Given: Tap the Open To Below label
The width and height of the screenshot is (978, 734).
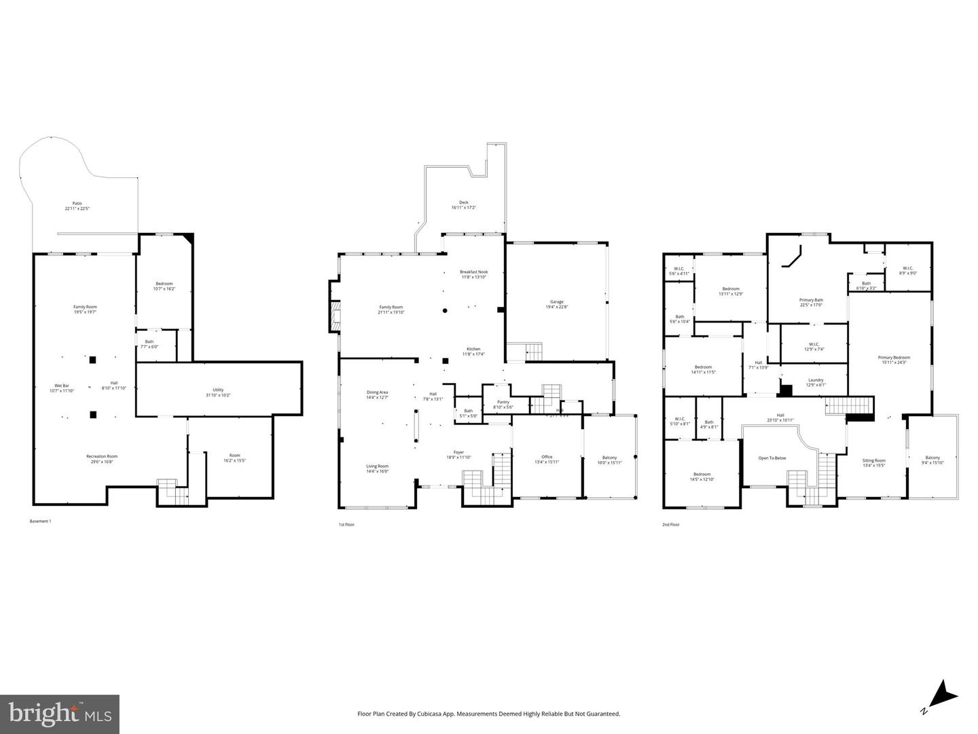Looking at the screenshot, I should coord(772,458).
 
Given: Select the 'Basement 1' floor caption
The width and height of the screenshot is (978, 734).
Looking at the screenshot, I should coord(40,521).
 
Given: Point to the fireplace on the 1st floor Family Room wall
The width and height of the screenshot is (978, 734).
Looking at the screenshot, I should coord(334,316).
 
